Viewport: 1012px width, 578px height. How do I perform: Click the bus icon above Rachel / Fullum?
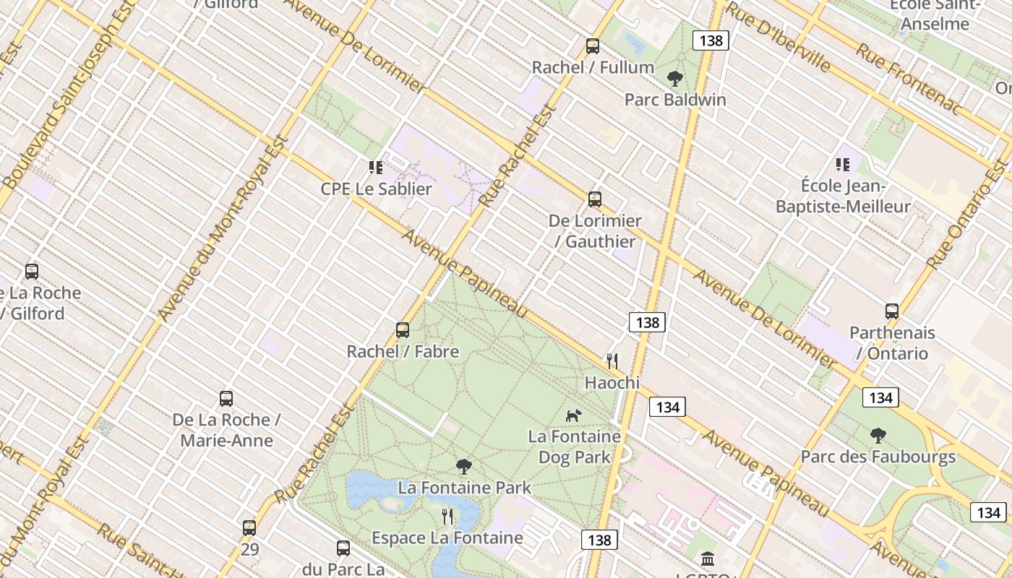tap(593, 46)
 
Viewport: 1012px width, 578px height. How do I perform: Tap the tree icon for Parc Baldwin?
tap(675, 78)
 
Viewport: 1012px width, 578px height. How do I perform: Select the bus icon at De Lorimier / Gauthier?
tap(595, 199)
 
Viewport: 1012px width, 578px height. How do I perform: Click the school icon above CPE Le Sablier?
tap(376, 168)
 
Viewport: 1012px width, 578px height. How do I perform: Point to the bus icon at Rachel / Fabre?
tap(403, 330)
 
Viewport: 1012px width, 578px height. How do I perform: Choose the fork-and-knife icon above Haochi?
tap(612, 361)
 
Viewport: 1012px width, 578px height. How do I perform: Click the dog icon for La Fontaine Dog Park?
tap(573, 415)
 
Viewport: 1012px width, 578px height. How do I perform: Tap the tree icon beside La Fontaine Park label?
tap(464, 467)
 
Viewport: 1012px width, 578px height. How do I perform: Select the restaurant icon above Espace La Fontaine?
tap(447, 516)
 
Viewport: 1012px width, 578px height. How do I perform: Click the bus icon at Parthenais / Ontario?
tap(892, 311)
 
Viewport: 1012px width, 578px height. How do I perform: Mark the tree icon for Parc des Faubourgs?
tap(878, 435)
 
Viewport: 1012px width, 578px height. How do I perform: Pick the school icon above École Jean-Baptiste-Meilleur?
tap(843, 165)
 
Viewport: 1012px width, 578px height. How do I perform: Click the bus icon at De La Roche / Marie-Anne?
tap(226, 399)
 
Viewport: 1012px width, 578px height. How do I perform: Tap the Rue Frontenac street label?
tap(909, 78)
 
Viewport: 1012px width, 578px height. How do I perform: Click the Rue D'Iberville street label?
tap(777, 36)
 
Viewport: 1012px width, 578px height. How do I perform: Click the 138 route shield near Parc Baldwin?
tap(711, 40)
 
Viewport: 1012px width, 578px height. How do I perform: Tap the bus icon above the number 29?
tap(249, 528)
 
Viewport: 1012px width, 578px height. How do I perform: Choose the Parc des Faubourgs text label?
tap(878, 457)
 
